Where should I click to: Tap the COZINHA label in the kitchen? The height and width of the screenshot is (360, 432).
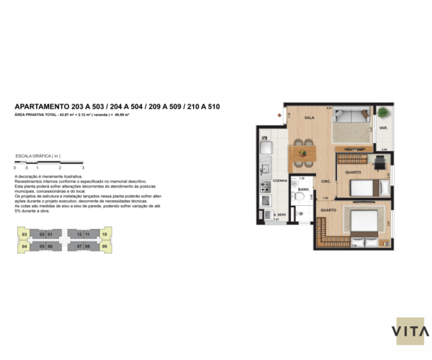pyautogui.click(x=280, y=181)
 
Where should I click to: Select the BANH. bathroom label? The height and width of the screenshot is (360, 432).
pyautogui.click(x=304, y=189)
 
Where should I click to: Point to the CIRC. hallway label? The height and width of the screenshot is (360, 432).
pyautogui.click(x=325, y=181)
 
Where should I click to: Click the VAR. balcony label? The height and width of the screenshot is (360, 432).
pyautogui.click(x=384, y=130)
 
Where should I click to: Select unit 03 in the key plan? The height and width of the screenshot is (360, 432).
pyautogui.click(x=24, y=235)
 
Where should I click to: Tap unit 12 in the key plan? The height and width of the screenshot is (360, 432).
pyautogui.click(x=78, y=235)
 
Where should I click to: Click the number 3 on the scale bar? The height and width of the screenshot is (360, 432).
pyautogui.click(x=84, y=168)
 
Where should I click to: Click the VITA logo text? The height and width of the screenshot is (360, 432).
pyautogui.click(x=410, y=331)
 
